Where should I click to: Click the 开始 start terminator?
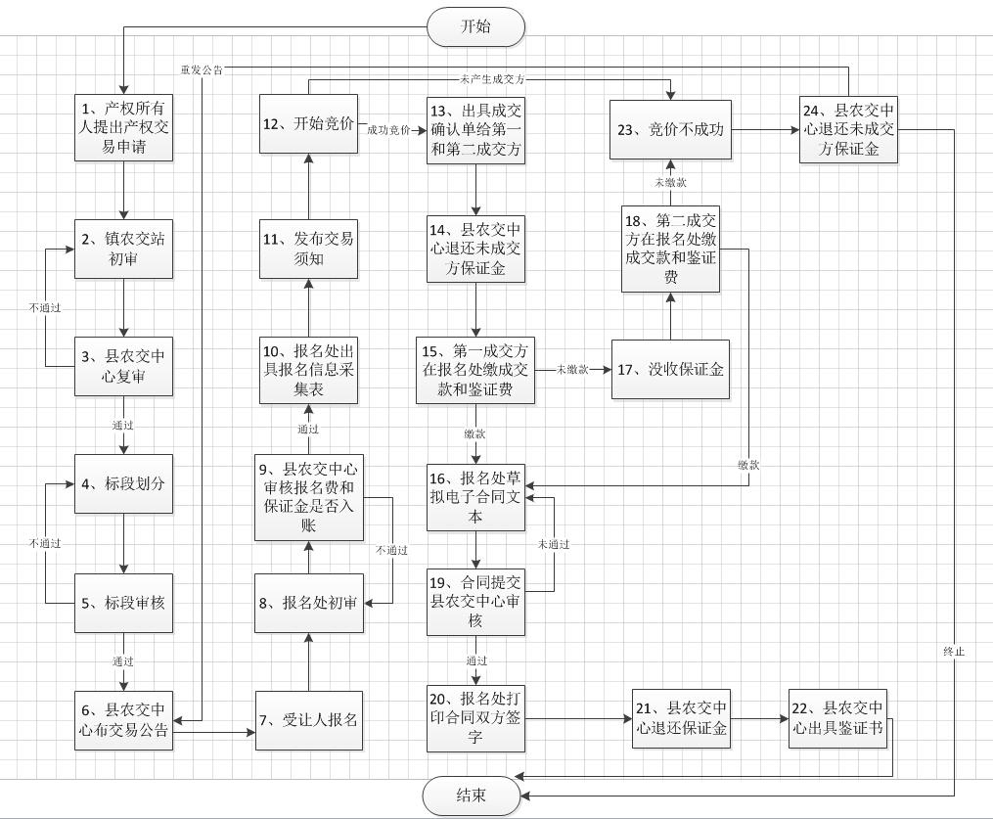[476, 26]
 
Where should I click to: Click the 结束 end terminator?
[472, 796]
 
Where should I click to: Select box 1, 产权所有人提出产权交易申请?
[123, 128]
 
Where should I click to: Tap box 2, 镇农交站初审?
[123, 249]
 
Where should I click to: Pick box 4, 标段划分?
[123, 484]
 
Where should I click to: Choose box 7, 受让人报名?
[309, 720]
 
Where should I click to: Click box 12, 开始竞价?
[308, 124]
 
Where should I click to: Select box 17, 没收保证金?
[671, 369]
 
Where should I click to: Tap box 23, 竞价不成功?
[671, 130]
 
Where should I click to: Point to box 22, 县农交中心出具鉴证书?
[837, 718]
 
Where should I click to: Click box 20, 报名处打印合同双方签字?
[475, 718]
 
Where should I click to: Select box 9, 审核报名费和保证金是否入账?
[309, 498]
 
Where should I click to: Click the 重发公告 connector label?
[202, 70]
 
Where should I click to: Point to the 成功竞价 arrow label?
[388, 130]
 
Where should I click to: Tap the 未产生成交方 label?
[492, 79]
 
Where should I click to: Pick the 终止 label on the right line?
[954, 651]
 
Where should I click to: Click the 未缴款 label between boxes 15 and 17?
[572, 369]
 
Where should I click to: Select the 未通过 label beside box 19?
[554, 544]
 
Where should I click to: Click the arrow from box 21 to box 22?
[760, 719]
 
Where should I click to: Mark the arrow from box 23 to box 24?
[766, 130]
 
